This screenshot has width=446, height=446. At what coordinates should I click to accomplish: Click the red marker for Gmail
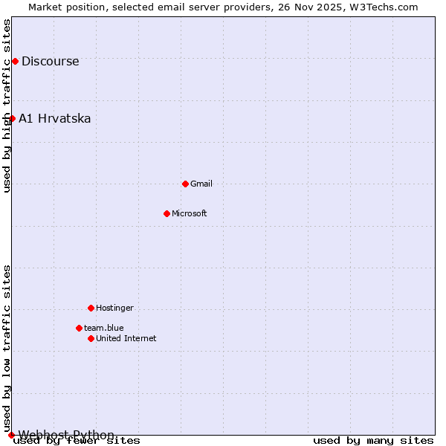[185, 184]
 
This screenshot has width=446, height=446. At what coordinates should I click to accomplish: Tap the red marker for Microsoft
[167, 213]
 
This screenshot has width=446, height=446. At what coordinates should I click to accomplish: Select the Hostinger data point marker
[91, 308]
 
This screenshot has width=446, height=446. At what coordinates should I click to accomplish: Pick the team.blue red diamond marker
[79, 328]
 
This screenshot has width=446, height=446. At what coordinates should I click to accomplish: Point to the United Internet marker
[91, 338]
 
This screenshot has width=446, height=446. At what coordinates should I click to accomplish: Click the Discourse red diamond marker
[15, 61]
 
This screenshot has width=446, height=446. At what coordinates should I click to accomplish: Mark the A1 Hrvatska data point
[12, 118]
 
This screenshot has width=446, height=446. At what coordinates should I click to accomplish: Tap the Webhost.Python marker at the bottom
[11, 435]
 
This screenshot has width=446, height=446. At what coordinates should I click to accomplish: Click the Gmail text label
[201, 184]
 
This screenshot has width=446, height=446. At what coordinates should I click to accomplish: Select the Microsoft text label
[190, 213]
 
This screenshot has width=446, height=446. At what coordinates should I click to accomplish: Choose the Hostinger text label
[114, 308]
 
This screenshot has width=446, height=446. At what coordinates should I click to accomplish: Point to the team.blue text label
[104, 328]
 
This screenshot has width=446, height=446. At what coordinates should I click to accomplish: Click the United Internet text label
[126, 338]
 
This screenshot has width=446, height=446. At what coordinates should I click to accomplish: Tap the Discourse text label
[50, 61]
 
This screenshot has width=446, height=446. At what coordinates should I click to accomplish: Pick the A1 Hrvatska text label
[54, 118]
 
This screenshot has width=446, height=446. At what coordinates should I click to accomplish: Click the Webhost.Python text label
[66, 435]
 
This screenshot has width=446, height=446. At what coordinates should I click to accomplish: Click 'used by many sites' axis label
[373, 440]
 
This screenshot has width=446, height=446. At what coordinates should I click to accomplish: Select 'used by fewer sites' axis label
[77, 440]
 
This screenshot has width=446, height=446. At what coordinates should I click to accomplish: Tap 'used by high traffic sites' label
[7, 106]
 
